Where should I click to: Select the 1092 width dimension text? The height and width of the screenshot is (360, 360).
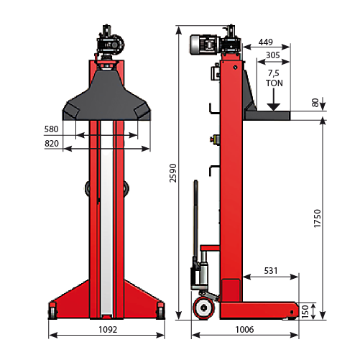(107, 330)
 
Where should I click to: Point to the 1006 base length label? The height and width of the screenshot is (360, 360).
(245, 330)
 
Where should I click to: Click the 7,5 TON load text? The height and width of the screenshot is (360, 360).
(274, 78)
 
